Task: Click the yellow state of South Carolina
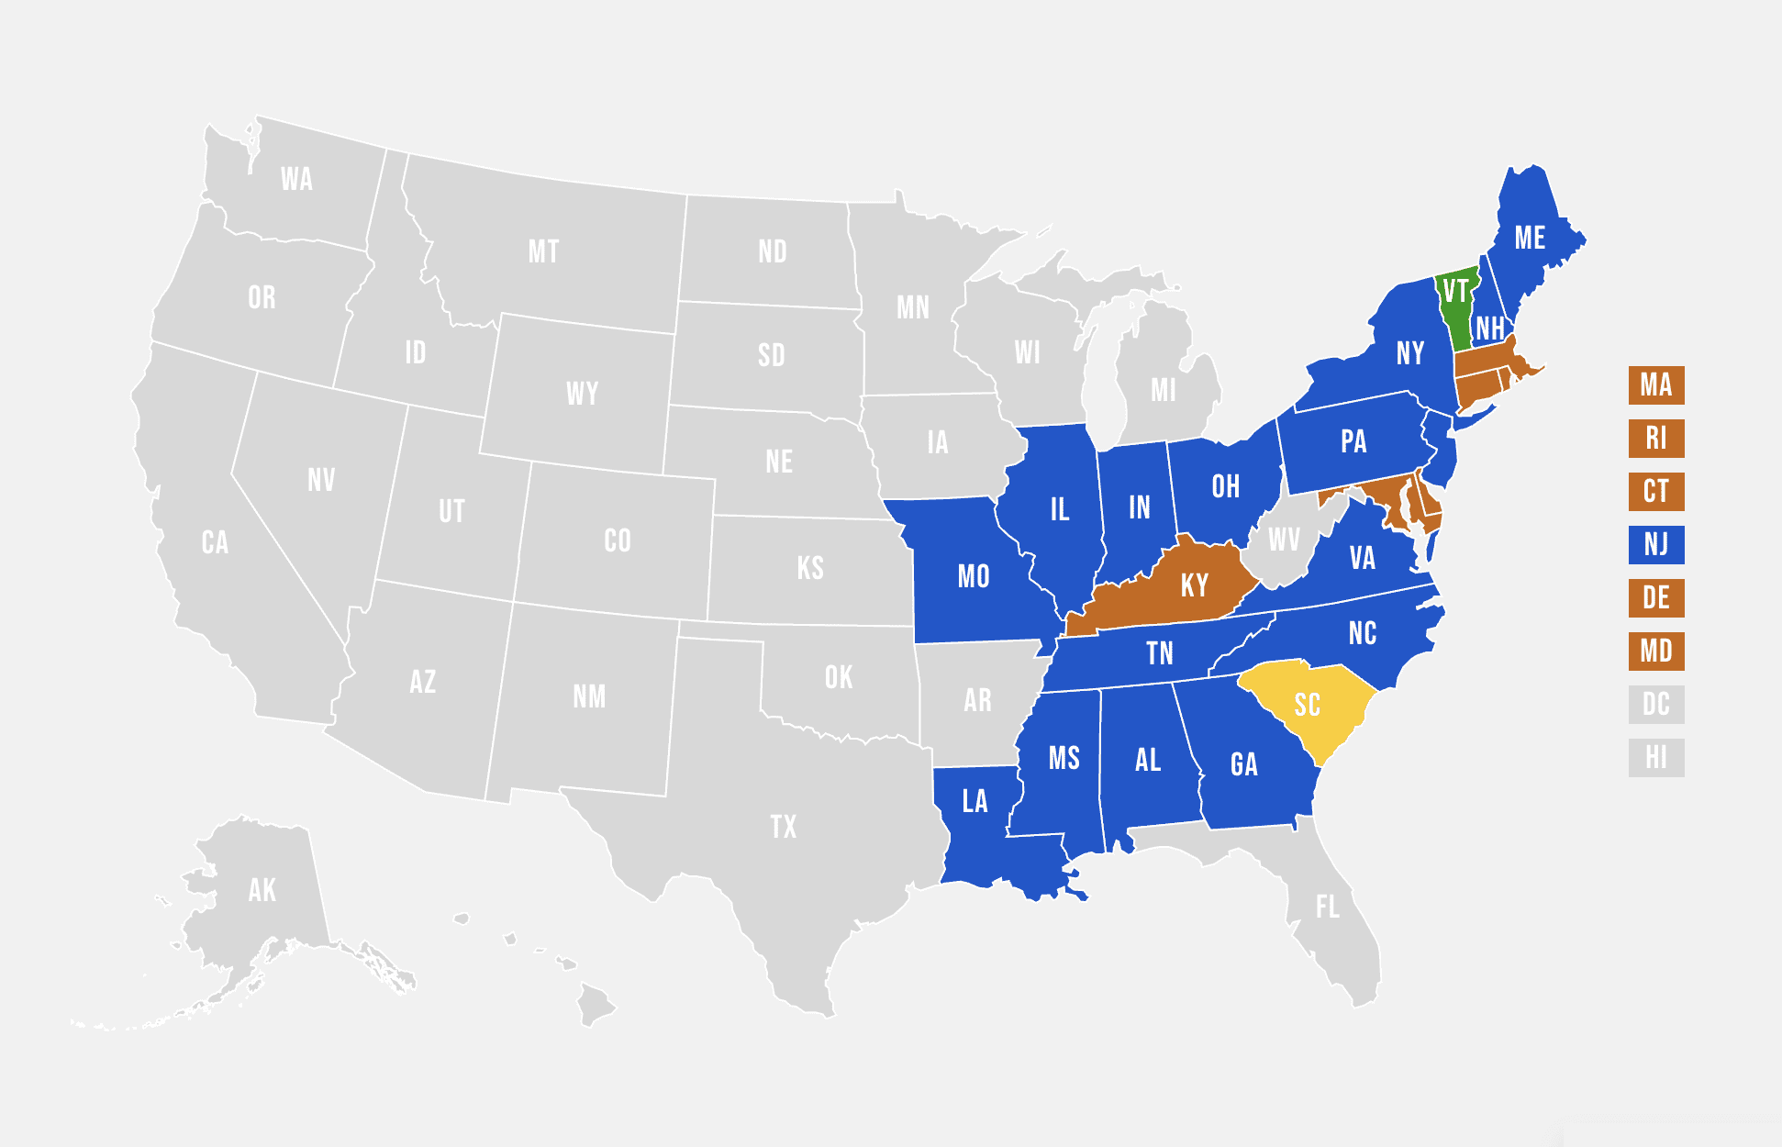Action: click(x=1308, y=705)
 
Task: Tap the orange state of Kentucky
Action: click(x=1193, y=585)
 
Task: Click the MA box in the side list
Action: click(x=1656, y=385)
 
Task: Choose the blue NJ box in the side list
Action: click(x=1656, y=545)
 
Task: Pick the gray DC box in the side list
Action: click(x=1656, y=705)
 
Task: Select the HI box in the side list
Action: click(x=1656, y=758)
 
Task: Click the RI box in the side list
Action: click(x=1656, y=439)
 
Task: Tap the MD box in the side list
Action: click(x=1656, y=651)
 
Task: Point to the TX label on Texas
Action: click(x=784, y=827)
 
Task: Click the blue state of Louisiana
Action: click(x=975, y=802)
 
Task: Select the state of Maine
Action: click(x=1530, y=239)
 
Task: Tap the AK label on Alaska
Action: click(x=262, y=890)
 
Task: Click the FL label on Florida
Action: click(x=1327, y=908)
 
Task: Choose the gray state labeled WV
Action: click(x=1283, y=540)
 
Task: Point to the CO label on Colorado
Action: click(x=618, y=541)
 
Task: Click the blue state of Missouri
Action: click(x=974, y=577)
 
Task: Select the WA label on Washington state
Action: click(x=296, y=179)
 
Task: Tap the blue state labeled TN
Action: click(x=1159, y=653)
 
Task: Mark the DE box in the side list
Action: click(x=1656, y=598)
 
